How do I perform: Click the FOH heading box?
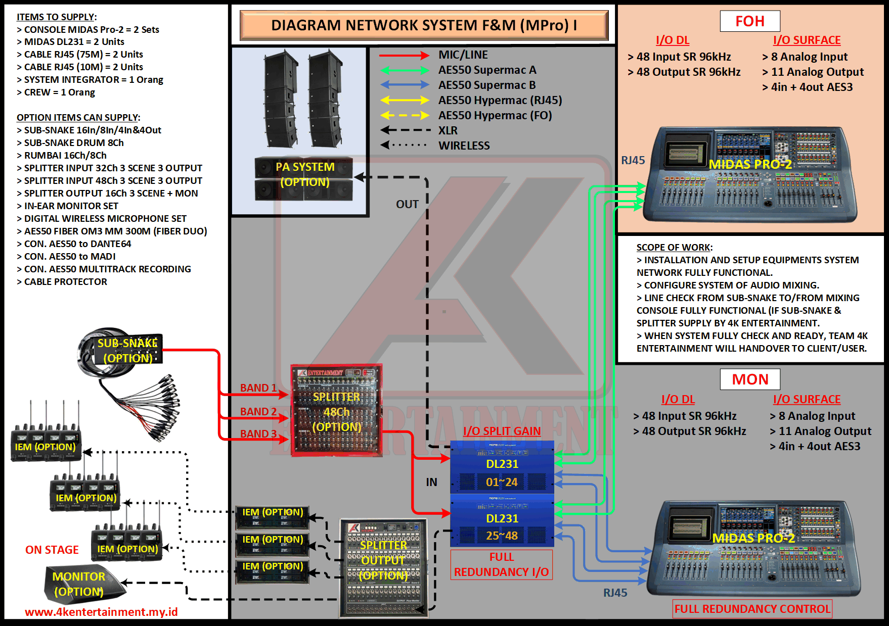[750, 21]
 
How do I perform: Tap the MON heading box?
[750, 379]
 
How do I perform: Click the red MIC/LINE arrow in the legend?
[404, 55]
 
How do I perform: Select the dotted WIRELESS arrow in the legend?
[404, 146]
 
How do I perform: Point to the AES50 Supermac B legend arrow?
[404, 85]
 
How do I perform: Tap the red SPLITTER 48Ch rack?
[336, 410]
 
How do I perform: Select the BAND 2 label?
[258, 412]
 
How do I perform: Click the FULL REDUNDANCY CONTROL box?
[752, 609]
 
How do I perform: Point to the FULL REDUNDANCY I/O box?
[501, 564]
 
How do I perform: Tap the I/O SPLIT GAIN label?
[502, 431]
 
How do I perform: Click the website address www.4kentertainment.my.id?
[101, 612]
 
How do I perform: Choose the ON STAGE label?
[52, 550]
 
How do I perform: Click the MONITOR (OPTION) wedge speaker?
[81, 585]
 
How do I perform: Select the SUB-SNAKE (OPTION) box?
[127, 350]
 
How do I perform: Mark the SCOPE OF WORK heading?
[674, 248]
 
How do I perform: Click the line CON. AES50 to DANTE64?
[77, 244]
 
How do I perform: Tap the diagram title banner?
[424, 25]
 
